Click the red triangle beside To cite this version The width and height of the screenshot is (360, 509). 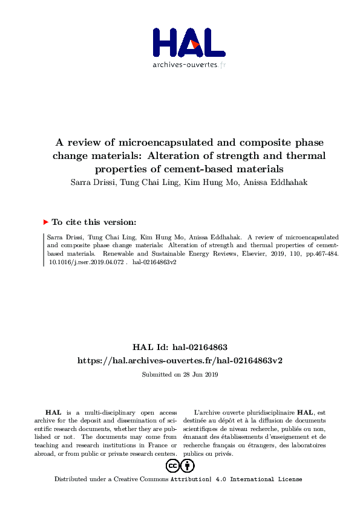pyautogui.click(x=46, y=222)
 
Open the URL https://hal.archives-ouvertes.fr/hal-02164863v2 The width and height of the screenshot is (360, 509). pyautogui.click(x=180, y=360)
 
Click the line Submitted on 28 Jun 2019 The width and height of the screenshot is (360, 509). pyautogui.click(x=180, y=375)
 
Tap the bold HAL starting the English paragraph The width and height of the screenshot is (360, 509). pyautogui.click(x=53, y=412)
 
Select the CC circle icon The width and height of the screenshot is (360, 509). pyautogui.click(x=172, y=465)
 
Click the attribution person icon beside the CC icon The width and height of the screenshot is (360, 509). pyautogui.click(x=188, y=465)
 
